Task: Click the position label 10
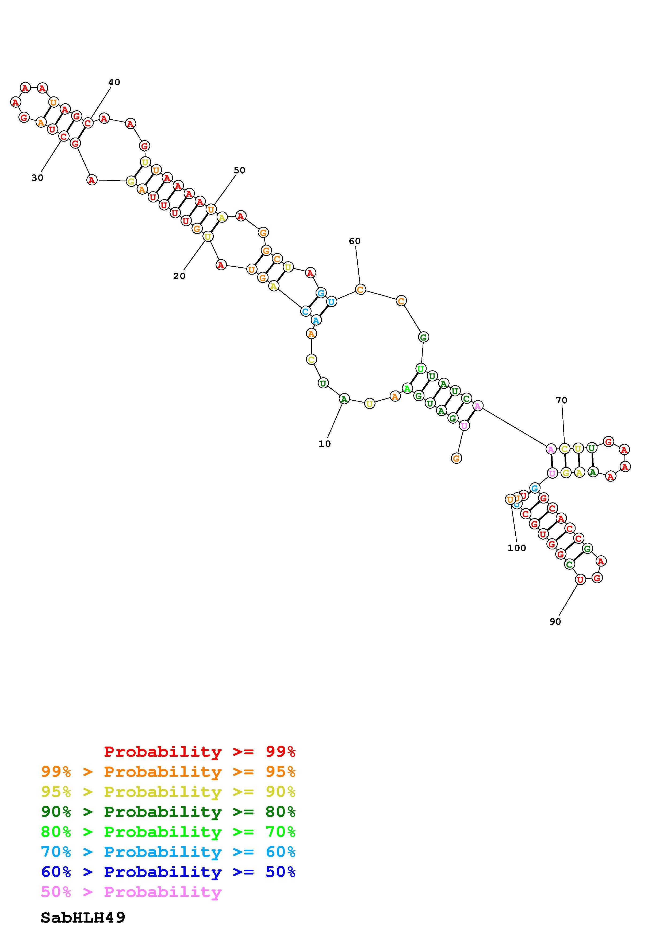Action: (x=325, y=444)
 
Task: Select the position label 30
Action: (x=37, y=178)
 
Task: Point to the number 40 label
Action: (x=114, y=83)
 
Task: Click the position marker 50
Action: (x=239, y=171)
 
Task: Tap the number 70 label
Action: (x=561, y=401)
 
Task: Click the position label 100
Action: (x=517, y=548)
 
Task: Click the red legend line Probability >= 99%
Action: (x=200, y=752)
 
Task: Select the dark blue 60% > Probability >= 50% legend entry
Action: (x=168, y=872)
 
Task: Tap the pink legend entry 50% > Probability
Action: (x=131, y=892)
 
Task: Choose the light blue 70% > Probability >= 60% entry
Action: (x=168, y=852)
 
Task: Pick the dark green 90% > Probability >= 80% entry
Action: (x=168, y=812)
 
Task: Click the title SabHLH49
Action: (x=83, y=918)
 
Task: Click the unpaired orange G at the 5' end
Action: (x=456, y=458)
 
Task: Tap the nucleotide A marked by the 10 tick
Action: (x=344, y=399)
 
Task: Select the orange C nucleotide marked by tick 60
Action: (x=360, y=290)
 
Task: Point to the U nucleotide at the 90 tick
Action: (x=580, y=579)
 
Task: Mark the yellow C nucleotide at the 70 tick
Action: (x=564, y=449)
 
